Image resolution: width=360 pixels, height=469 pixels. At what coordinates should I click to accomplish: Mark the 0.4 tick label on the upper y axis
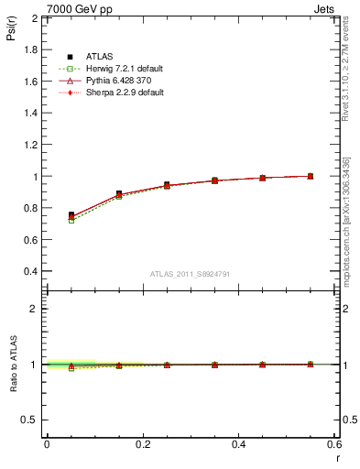(31, 271)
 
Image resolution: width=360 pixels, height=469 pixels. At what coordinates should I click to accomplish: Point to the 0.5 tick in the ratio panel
(32, 420)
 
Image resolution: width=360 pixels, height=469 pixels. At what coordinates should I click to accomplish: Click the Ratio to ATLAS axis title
(10, 364)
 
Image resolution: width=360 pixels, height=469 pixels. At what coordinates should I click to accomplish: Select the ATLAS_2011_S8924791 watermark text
(190, 274)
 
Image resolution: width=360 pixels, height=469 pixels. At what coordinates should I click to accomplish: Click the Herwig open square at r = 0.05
(71, 220)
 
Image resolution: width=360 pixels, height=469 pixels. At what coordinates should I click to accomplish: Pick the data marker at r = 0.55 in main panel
(311, 176)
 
